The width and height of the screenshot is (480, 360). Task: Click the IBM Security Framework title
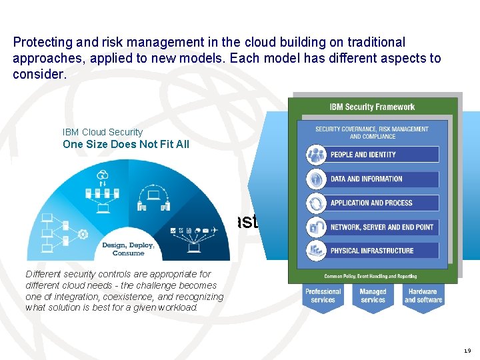pyautogui.click(x=372, y=107)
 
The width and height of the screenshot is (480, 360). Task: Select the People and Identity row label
pyautogui.click(x=363, y=155)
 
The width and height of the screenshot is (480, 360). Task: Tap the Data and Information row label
pyautogui.click(x=367, y=179)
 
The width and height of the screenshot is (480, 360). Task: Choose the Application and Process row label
pyautogui.click(x=371, y=203)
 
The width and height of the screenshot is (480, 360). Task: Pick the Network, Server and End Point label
pyautogui.click(x=382, y=227)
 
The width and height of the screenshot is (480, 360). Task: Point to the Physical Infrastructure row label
pyautogui.click(x=372, y=251)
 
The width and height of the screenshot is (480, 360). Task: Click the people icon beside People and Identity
pyautogui.click(x=316, y=155)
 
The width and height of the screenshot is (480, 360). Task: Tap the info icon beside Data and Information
pyautogui.click(x=316, y=179)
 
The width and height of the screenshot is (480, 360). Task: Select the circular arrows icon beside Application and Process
pyautogui.click(x=316, y=203)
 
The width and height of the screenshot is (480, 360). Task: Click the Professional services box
pyautogui.click(x=323, y=296)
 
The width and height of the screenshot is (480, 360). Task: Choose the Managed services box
pyautogui.click(x=373, y=296)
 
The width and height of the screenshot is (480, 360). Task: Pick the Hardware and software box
pyautogui.click(x=423, y=296)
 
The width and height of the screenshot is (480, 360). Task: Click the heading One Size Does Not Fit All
pyautogui.click(x=126, y=144)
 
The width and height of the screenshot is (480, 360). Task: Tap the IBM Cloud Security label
pyautogui.click(x=103, y=132)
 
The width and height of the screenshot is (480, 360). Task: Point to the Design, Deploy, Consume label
pyautogui.click(x=128, y=249)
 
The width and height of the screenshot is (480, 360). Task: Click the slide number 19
pyautogui.click(x=466, y=351)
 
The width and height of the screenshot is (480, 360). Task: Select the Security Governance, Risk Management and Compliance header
pyautogui.click(x=373, y=133)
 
